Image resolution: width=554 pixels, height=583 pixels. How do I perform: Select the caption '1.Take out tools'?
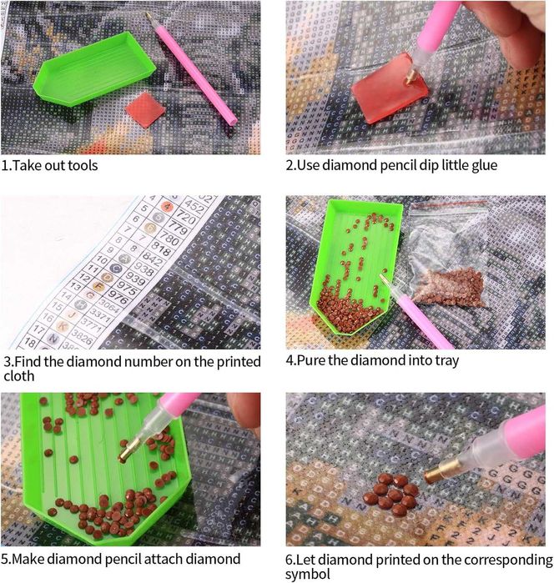click(x=49, y=165)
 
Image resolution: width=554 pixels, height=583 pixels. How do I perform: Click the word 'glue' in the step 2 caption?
click(x=481, y=165)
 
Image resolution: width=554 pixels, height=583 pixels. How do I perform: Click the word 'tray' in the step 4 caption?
click(x=446, y=361)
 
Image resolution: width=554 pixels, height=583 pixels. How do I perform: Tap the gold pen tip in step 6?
click(x=439, y=473)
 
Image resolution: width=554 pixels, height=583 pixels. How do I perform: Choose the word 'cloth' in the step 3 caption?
click(x=18, y=376)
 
